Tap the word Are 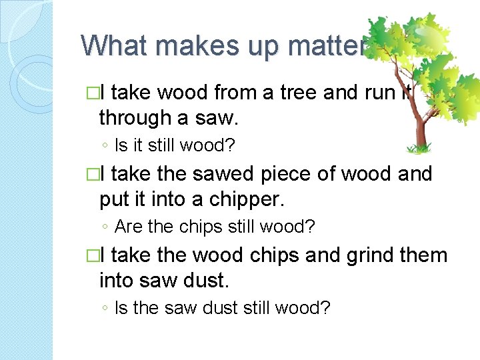pos(128,227)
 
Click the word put pos(115,199)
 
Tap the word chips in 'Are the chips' pos(201,227)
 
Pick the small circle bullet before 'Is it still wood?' pos(106,145)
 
